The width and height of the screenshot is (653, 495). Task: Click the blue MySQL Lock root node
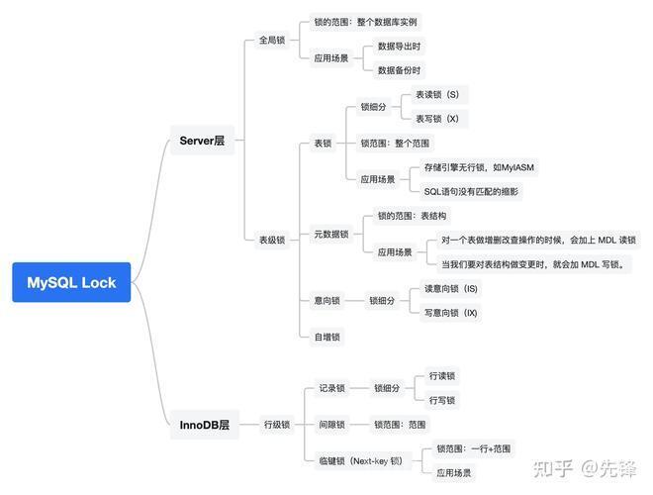[x=71, y=282]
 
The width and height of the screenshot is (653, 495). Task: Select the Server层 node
[x=202, y=141]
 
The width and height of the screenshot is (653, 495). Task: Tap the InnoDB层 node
[x=205, y=425]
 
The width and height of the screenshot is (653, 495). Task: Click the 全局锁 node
[x=272, y=40]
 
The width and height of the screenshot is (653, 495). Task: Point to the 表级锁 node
[x=272, y=240]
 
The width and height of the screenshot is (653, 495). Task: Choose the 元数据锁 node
[x=331, y=235]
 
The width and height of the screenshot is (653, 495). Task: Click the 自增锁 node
[x=326, y=337]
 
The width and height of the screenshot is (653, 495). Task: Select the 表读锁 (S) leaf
[x=437, y=95]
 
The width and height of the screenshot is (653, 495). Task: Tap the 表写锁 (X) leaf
[x=437, y=119]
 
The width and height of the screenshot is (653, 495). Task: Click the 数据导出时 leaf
[x=399, y=47]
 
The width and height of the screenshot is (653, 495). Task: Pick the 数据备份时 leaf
[x=399, y=70]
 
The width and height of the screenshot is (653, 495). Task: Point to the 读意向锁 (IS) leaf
[x=450, y=289]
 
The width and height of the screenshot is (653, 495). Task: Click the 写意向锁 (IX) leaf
[x=450, y=313]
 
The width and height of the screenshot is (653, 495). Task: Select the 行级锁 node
[x=277, y=425]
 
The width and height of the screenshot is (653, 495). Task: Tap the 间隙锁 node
[x=331, y=425]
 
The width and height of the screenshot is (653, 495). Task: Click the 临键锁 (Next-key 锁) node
[x=361, y=460]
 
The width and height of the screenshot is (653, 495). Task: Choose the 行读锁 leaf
[x=442, y=376]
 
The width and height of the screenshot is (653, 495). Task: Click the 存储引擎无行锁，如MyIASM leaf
[x=479, y=167]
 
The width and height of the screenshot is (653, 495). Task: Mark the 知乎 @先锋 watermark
[x=585, y=468]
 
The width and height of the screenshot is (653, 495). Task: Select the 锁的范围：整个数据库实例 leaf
[x=365, y=22]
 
